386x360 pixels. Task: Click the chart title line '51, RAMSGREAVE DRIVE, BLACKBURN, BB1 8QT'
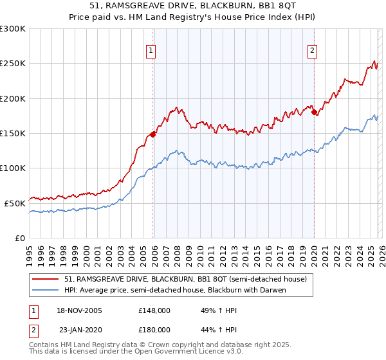click(x=192, y=6)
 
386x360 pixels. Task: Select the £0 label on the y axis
click(x=20, y=238)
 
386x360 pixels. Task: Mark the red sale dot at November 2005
click(x=153, y=134)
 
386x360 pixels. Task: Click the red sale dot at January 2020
click(x=314, y=113)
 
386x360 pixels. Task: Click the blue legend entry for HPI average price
click(x=174, y=290)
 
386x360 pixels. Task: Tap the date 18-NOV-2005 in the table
click(x=75, y=310)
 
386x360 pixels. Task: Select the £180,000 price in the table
click(x=154, y=328)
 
